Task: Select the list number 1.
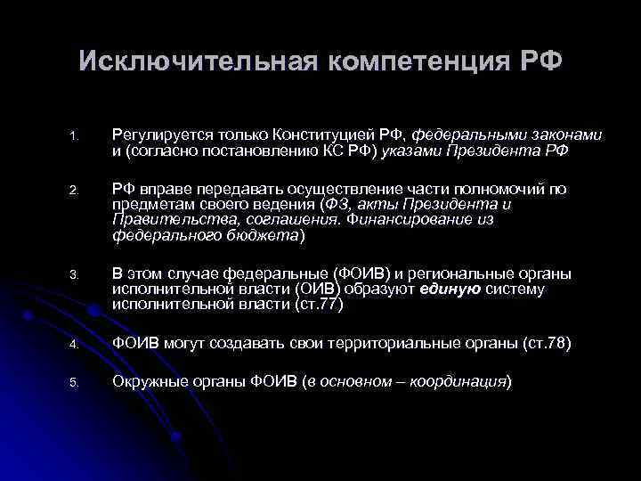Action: tap(76, 136)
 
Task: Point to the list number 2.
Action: tap(76, 191)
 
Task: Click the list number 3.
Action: tap(76, 275)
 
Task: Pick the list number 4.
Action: tap(76, 345)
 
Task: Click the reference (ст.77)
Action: tap(318, 306)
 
